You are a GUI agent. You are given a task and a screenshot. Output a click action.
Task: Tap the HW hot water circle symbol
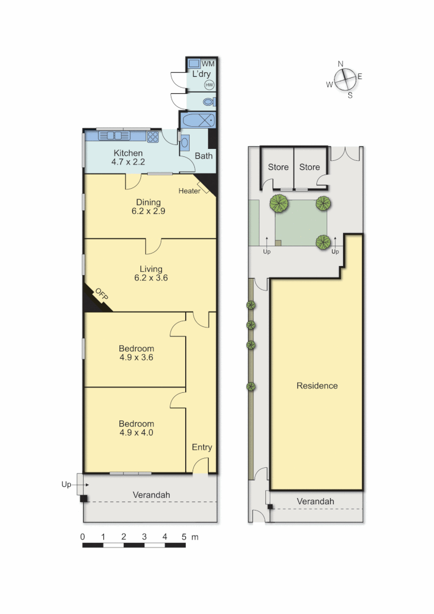pyautogui.click(x=209, y=85)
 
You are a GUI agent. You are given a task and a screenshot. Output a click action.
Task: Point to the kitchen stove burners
pyautogui.click(x=153, y=136)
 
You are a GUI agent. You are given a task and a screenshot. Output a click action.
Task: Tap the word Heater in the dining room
pyautogui.click(x=189, y=191)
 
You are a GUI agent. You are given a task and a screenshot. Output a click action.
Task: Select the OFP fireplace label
pyautogui.click(x=101, y=294)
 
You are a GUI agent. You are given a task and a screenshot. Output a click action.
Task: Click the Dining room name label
pyautogui.click(x=148, y=202)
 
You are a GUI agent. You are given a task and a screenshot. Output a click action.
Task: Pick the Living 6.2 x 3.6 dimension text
pyautogui.click(x=151, y=278)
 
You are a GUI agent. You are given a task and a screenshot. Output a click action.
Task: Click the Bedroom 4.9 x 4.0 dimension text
pyautogui.click(x=136, y=432)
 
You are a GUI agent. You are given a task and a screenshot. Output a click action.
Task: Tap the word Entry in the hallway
pyautogui.click(x=202, y=447)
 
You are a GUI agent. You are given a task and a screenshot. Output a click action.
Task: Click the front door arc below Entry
pyautogui.click(x=200, y=467)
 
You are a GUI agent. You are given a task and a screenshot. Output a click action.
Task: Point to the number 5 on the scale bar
pyautogui.click(x=185, y=536)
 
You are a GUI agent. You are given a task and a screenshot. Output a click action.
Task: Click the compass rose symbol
pyautogui.click(x=345, y=80)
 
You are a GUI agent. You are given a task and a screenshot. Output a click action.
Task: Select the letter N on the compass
pyautogui.click(x=341, y=64)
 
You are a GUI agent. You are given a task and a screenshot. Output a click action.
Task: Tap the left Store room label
pyautogui.click(x=278, y=167)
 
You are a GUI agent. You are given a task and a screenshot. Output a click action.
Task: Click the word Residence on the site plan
pyautogui.click(x=317, y=386)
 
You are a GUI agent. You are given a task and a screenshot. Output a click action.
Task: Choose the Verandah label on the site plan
pyautogui.click(x=315, y=501)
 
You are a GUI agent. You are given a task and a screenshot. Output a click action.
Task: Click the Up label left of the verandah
pyautogui.click(x=66, y=485)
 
